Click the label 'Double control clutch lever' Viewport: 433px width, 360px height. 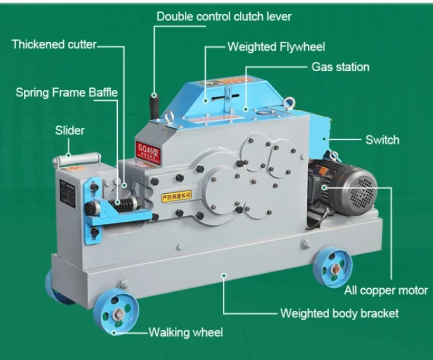pos(224,16)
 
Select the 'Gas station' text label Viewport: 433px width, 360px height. pos(340,67)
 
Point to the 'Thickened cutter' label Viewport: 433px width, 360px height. pos(54,44)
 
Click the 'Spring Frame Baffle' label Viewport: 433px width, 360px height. pos(67,92)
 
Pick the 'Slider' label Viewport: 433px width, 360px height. pos(70,130)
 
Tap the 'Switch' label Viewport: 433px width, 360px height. pos(382,140)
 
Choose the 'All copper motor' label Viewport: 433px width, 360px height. pos(386,290)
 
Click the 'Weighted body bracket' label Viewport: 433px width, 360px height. pos(339,314)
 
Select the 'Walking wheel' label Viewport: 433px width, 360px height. pos(185,332)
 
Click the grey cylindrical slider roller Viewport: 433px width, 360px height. pos(76,159)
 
